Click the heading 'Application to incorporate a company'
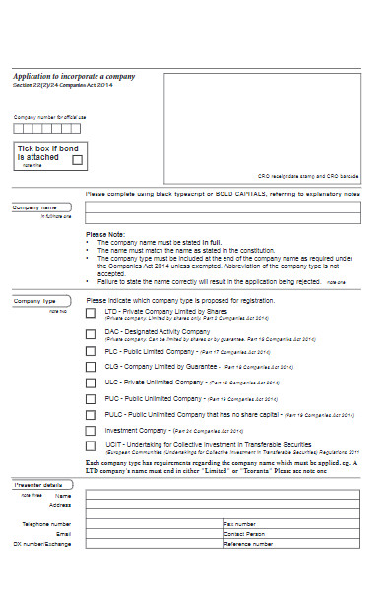(74, 76)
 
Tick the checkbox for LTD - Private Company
(91, 313)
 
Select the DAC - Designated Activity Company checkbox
(91, 333)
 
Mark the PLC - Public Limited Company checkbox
(91, 351)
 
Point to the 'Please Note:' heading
(105, 234)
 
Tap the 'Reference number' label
(247, 543)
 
